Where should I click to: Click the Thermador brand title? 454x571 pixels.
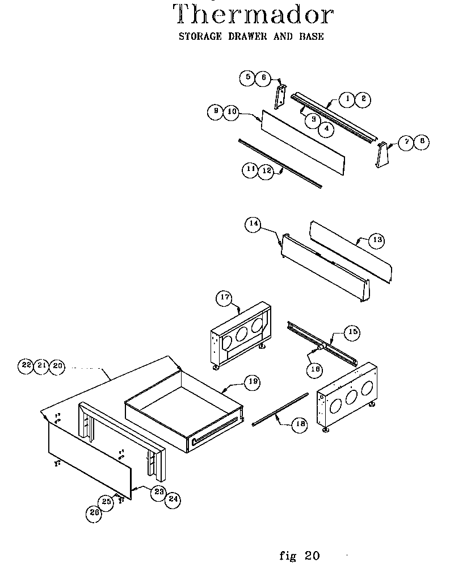click(x=252, y=16)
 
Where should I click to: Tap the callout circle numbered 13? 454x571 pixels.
click(x=376, y=240)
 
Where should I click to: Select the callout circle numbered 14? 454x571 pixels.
click(x=254, y=224)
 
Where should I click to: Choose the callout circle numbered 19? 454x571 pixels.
click(x=252, y=382)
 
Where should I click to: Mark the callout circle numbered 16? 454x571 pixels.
click(x=316, y=368)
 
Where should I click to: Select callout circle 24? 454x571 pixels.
click(x=173, y=500)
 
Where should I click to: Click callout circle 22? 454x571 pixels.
click(x=26, y=366)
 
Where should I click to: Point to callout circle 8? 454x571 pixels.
click(x=421, y=142)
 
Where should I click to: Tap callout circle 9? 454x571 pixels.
click(x=215, y=112)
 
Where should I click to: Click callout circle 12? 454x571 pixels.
click(x=266, y=171)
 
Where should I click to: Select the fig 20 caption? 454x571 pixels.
click(x=300, y=555)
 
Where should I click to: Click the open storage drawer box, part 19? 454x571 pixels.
click(x=182, y=409)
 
